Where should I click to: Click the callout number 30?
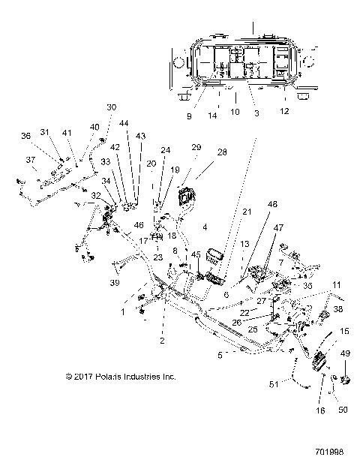click(x=112, y=107)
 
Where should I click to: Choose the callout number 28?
click(x=220, y=152)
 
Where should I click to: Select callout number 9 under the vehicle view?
click(x=190, y=116)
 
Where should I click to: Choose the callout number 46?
click(x=138, y=225)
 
